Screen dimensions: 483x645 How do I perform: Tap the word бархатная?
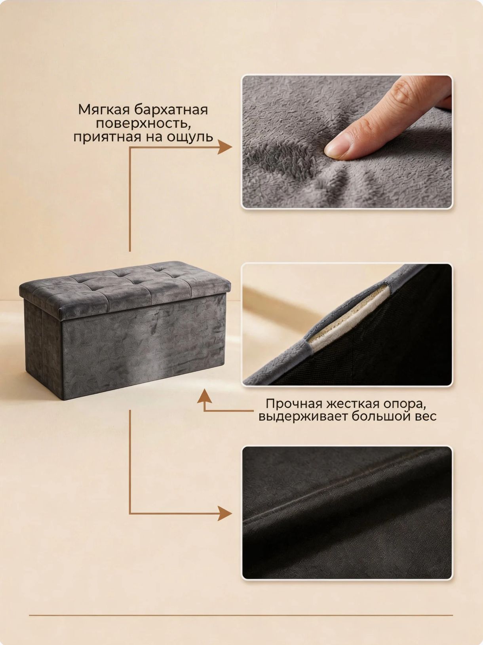[x=171, y=110]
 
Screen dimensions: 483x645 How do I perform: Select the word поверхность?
[x=143, y=124]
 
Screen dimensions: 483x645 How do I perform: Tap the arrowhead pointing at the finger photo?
[x=224, y=147]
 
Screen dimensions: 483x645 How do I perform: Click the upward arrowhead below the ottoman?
[x=204, y=396]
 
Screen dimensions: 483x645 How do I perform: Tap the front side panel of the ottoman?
[x=144, y=347]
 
